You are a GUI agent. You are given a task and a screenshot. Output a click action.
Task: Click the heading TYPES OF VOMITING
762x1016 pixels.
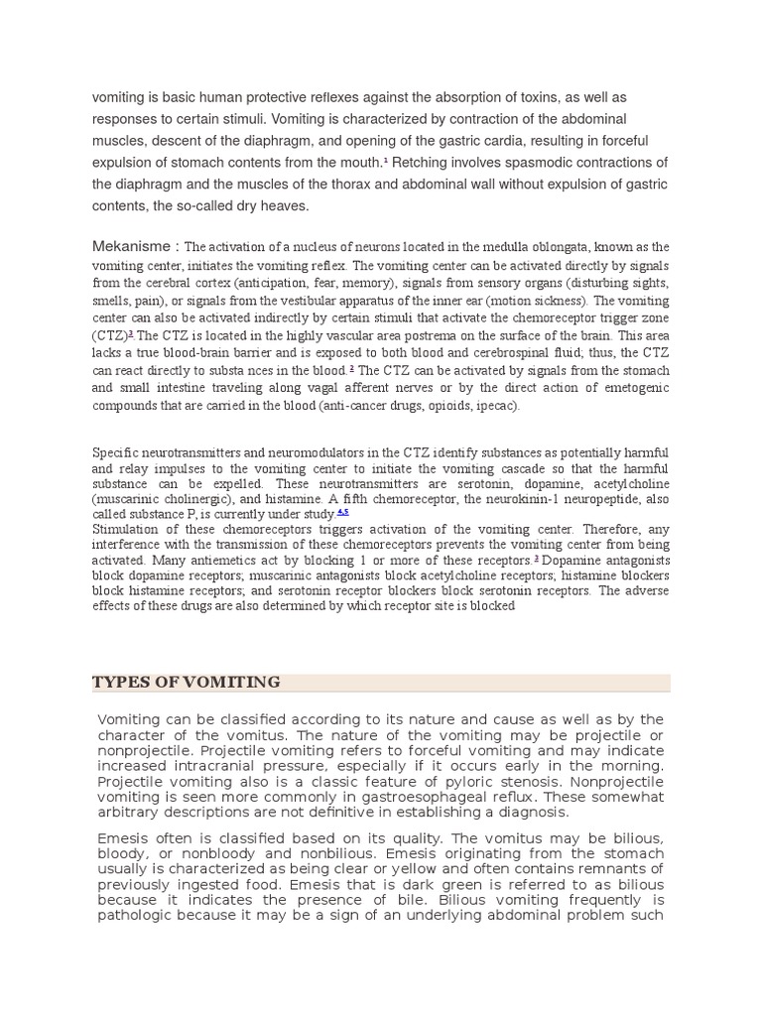click(x=187, y=682)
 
